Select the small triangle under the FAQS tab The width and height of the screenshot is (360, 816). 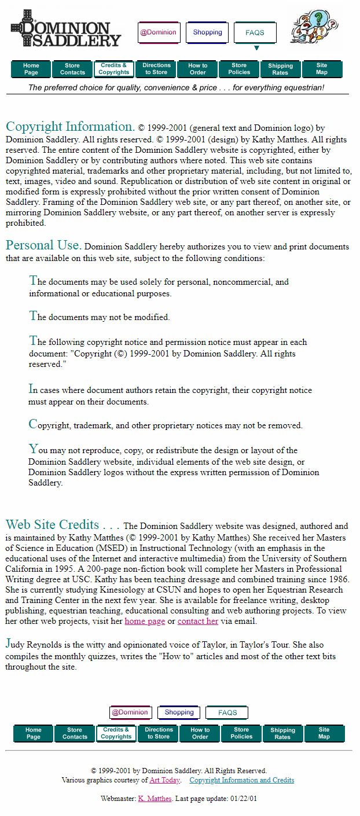(256, 48)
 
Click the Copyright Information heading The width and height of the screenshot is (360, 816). (70, 127)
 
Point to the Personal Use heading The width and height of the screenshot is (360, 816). (43, 245)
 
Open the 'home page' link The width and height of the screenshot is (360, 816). (145, 621)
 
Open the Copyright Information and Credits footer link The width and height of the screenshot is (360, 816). (241, 780)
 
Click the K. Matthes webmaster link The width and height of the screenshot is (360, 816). (155, 799)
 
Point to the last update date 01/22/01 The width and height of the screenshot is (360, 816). (244, 799)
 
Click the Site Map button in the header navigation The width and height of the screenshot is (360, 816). (322, 69)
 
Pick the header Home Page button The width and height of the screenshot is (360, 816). (31, 69)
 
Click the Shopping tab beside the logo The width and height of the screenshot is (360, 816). (207, 32)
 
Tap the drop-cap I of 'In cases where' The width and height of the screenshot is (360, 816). (31, 389)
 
